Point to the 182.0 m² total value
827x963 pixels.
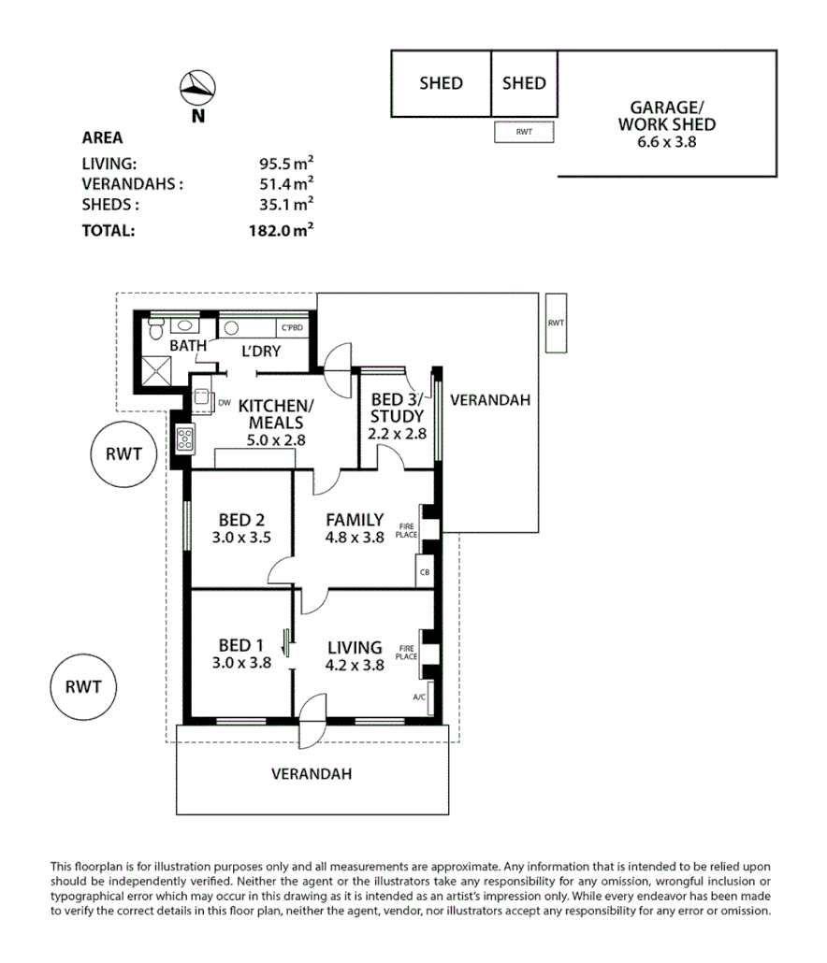(x=287, y=229)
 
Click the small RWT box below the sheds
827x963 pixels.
(x=524, y=133)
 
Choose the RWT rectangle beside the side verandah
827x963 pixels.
(x=556, y=323)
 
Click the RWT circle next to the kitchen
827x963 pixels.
(x=123, y=455)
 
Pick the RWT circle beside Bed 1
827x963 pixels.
(x=82, y=686)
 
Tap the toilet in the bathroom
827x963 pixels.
(x=156, y=327)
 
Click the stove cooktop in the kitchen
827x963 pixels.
(x=183, y=438)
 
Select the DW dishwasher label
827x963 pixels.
(x=224, y=403)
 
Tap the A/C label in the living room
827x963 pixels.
(x=420, y=697)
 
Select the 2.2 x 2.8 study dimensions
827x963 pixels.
(x=398, y=434)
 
